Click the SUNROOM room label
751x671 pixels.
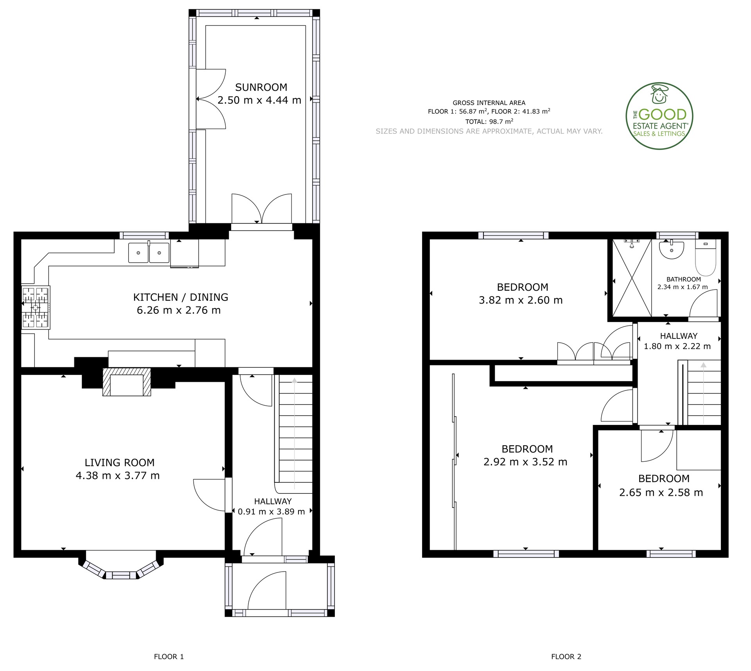pos(261,87)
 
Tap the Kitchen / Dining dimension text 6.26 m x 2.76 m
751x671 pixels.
pos(179,310)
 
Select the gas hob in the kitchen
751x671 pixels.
pos(36,308)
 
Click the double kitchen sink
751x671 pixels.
pos(149,252)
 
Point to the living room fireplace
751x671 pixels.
pos(126,382)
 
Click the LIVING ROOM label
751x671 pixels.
pos(120,462)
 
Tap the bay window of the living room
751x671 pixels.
pos(121,566)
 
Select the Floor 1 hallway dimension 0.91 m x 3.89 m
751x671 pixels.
pos(271,511)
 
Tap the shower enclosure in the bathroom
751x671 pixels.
pos(632,278)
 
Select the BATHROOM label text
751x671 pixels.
pos(684,279)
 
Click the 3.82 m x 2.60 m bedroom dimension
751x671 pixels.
pos(521,300)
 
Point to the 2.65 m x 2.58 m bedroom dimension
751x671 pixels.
pos(661,492)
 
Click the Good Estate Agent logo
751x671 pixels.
pos(659,116)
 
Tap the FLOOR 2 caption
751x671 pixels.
pos(566,657)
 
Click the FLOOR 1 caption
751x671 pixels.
pos(169,657)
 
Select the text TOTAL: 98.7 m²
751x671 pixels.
pos(489,121)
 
